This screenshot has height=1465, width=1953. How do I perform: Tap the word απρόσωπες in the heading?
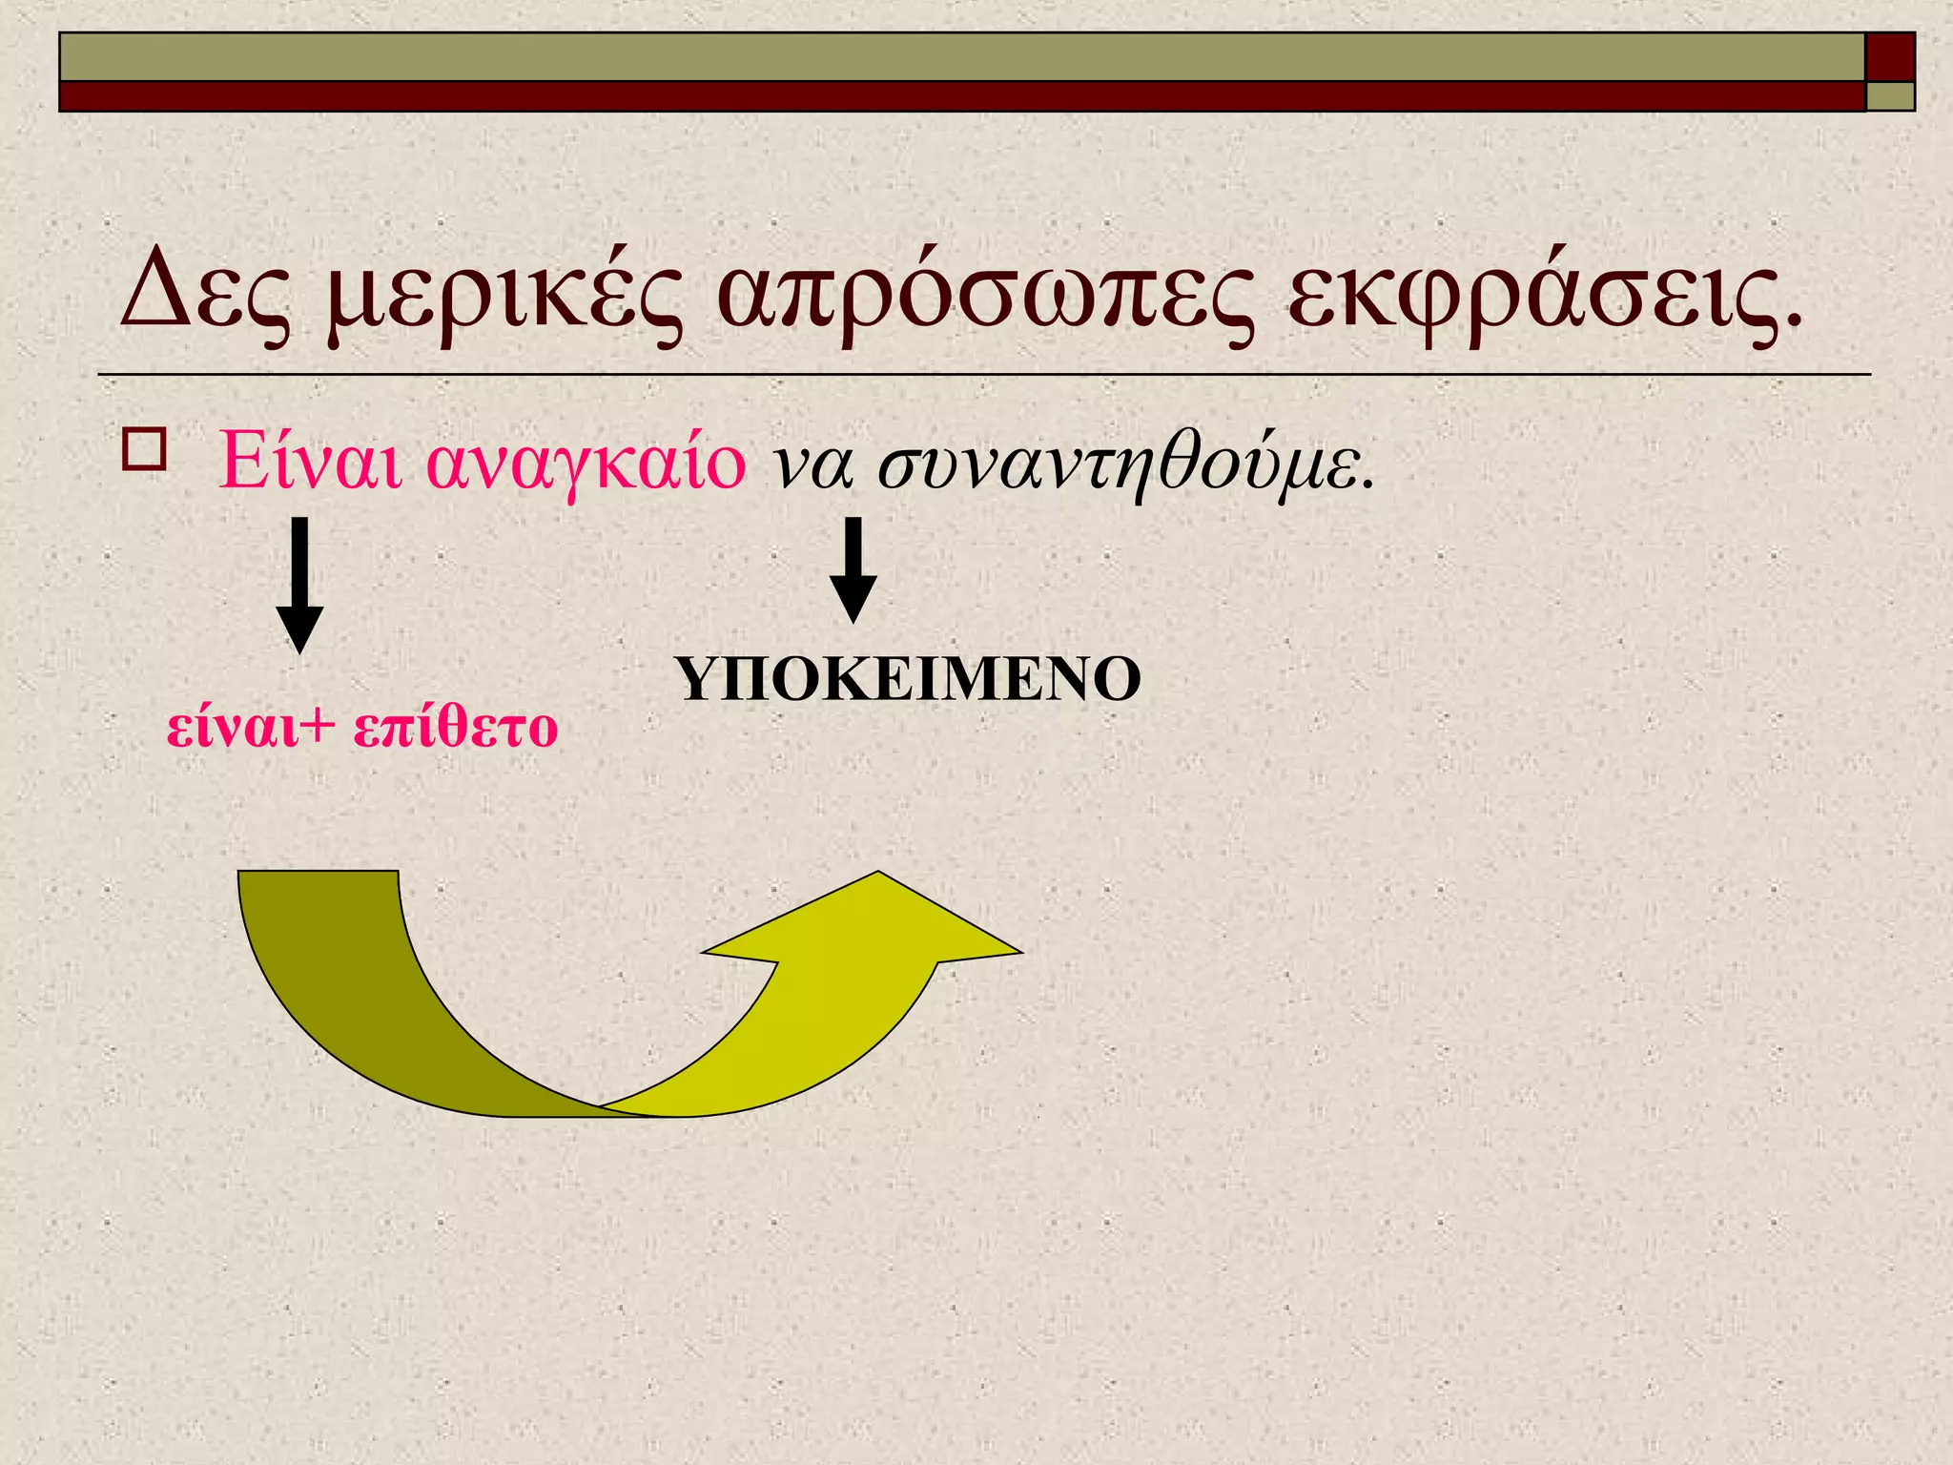(x=985, y=296)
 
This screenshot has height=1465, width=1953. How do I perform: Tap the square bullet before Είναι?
(x=143, y=449)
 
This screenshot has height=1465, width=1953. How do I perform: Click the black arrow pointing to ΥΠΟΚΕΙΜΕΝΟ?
(x=853, y=570)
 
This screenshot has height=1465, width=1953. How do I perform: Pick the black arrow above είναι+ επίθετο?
(x=299, y=585)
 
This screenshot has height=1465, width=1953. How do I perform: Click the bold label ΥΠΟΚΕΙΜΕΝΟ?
(x=907, y=679)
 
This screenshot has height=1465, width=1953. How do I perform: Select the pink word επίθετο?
(x=455, y=728)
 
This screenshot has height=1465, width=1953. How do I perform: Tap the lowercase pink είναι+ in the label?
(x=251, y=728)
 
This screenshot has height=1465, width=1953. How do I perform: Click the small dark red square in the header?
(x=1889, y=56)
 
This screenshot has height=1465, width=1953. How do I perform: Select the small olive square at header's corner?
(x=1889, y=96)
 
